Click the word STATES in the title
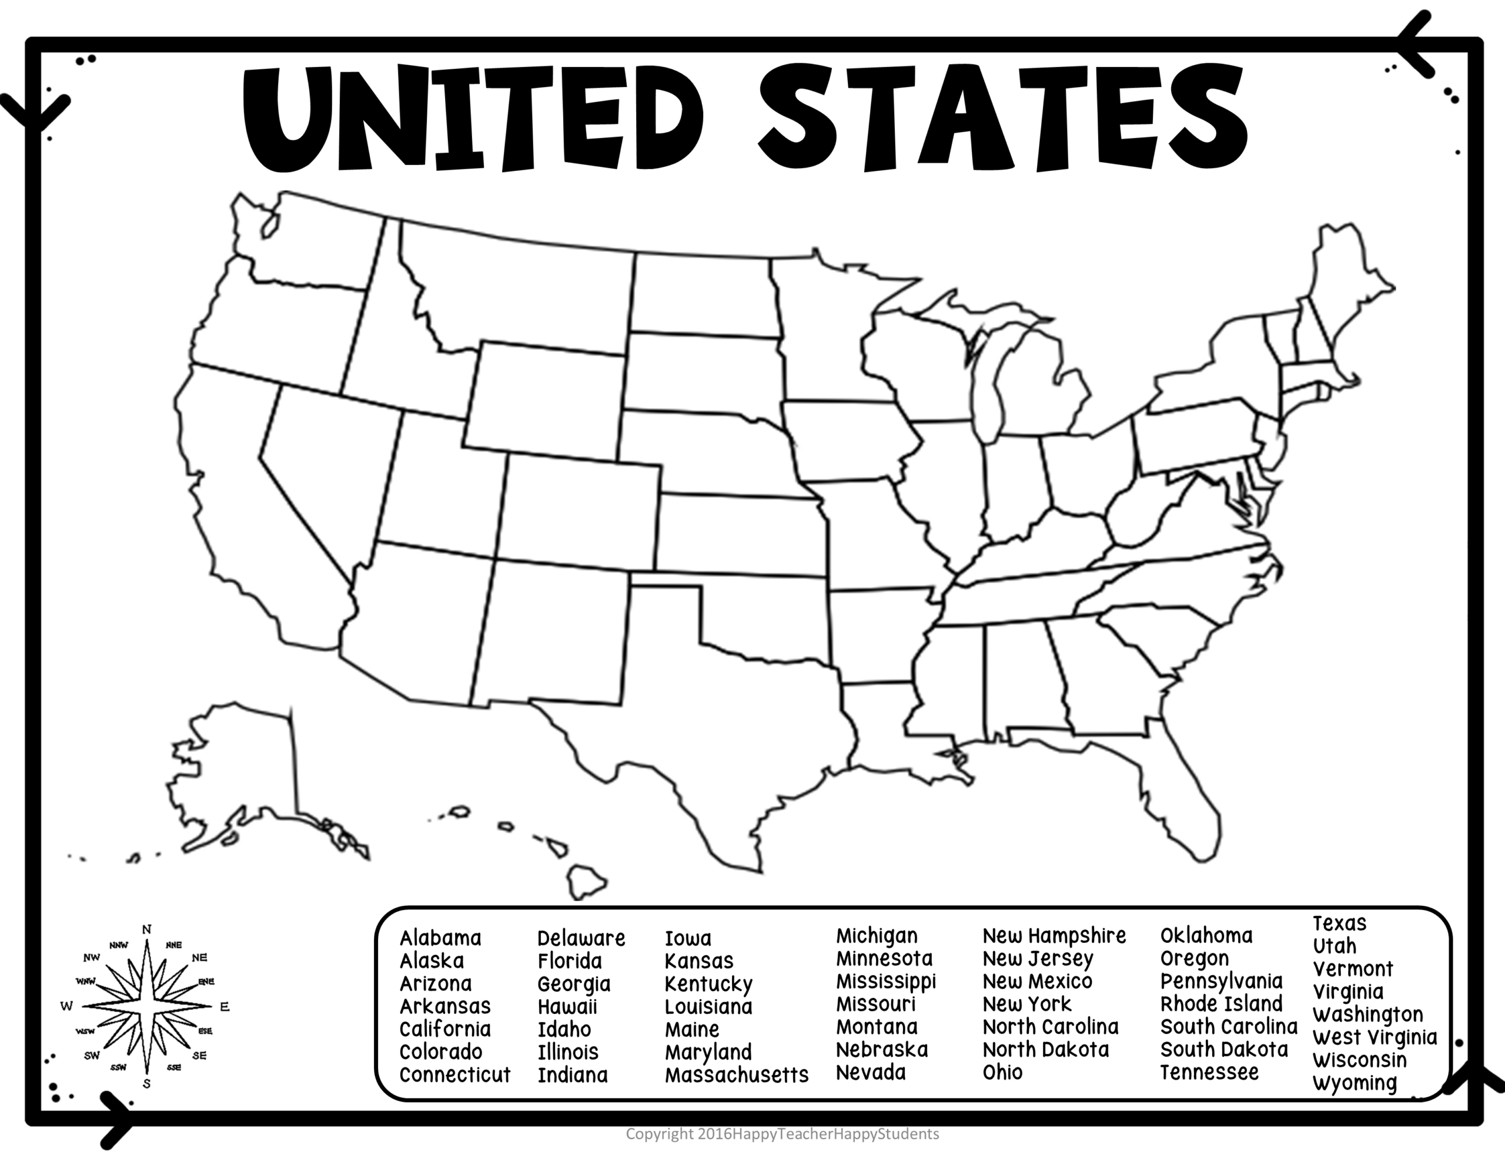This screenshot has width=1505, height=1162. (1002, 117)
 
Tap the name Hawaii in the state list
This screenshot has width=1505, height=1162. (567, 1007)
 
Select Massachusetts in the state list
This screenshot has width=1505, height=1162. (736, 1075)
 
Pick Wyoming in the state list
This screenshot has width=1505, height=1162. (1354, 1083)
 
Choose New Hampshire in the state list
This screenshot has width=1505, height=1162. (1053, 936)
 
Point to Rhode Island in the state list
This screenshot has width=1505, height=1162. (1221, 1003)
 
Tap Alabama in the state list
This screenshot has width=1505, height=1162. (440, 938)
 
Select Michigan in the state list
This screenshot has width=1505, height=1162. (877, 936)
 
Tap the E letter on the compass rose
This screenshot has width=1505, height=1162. (224, 1007)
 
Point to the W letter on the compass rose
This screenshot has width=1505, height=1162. (67, 1006)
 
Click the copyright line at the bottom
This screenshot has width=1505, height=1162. (782, 1134)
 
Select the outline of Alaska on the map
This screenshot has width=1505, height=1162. (241, 771)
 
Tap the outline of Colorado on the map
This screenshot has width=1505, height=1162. (579, 510)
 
